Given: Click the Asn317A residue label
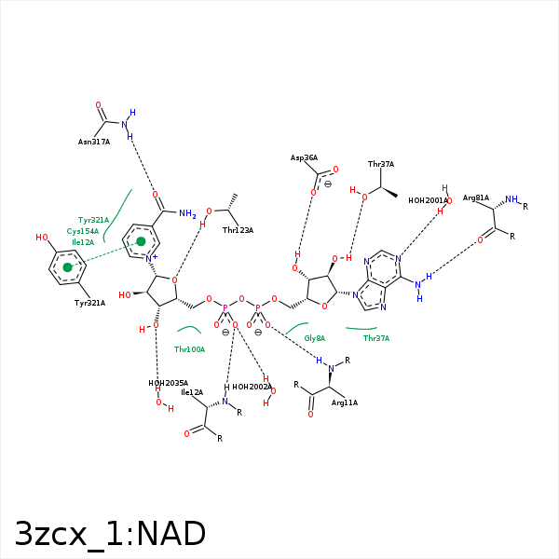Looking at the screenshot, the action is (94, 142).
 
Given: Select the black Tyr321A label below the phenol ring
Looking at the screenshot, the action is (89, 303).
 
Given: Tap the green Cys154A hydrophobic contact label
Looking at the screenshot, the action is (83, 231).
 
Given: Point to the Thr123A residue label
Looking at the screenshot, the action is (238, 230).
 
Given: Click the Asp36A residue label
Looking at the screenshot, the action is (304, 157).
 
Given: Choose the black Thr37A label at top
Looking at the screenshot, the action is (381, 164).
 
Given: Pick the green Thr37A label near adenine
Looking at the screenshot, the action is (376, 338).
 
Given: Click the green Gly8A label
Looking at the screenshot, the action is (315, 338).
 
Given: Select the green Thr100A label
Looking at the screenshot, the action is (190, 349).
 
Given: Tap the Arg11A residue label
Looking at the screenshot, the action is (345, 402).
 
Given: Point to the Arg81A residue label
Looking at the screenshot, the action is (476, 198).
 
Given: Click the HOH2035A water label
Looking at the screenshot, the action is (169, 383).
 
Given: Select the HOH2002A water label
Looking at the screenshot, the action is (252, 387).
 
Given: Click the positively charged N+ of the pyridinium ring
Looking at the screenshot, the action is (151, 258).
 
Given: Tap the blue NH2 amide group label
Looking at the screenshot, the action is (187, 213).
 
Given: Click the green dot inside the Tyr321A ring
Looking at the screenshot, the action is (67, 267).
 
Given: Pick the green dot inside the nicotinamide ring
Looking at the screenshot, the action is (142, 241).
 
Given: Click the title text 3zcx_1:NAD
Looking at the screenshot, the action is (110, 534).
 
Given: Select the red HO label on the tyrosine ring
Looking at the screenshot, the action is (42, 237).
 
